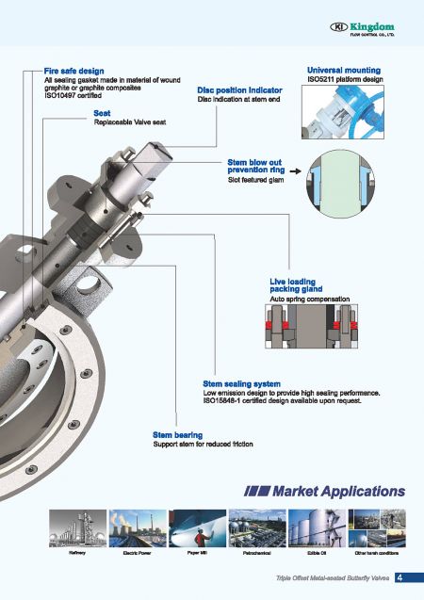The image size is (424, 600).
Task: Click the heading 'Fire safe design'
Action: tap(73, 71)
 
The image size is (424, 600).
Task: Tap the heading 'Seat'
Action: tap(102, 113)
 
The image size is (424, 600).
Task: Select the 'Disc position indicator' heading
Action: tap(239, 89)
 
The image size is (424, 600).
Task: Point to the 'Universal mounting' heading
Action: tap(344, 71)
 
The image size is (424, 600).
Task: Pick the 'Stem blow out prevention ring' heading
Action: tap(255, 166)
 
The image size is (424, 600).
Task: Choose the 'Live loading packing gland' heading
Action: tap(296, 284)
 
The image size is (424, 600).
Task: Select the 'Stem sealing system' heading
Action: tap(241, 383)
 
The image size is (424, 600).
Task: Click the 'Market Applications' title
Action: tap(324, 491)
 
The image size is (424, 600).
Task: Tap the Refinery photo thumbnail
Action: tap(77, 529)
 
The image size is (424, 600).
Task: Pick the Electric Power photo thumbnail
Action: tap(137, 529)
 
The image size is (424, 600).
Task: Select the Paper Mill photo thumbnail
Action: tap(197, 529)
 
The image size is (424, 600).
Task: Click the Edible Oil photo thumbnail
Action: tap(318, 529)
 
